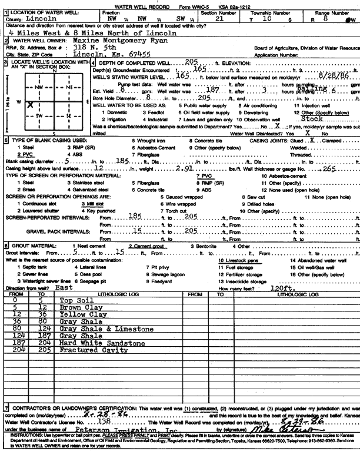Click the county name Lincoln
tap(41, 19)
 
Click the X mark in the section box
tap(30, 104)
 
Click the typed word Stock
tap(311, 118)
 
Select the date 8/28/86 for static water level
tap(333, 76)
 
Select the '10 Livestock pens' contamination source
tap(236, 260)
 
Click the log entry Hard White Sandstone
tap(102, 343)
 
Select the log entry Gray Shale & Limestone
tap(106, 329)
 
